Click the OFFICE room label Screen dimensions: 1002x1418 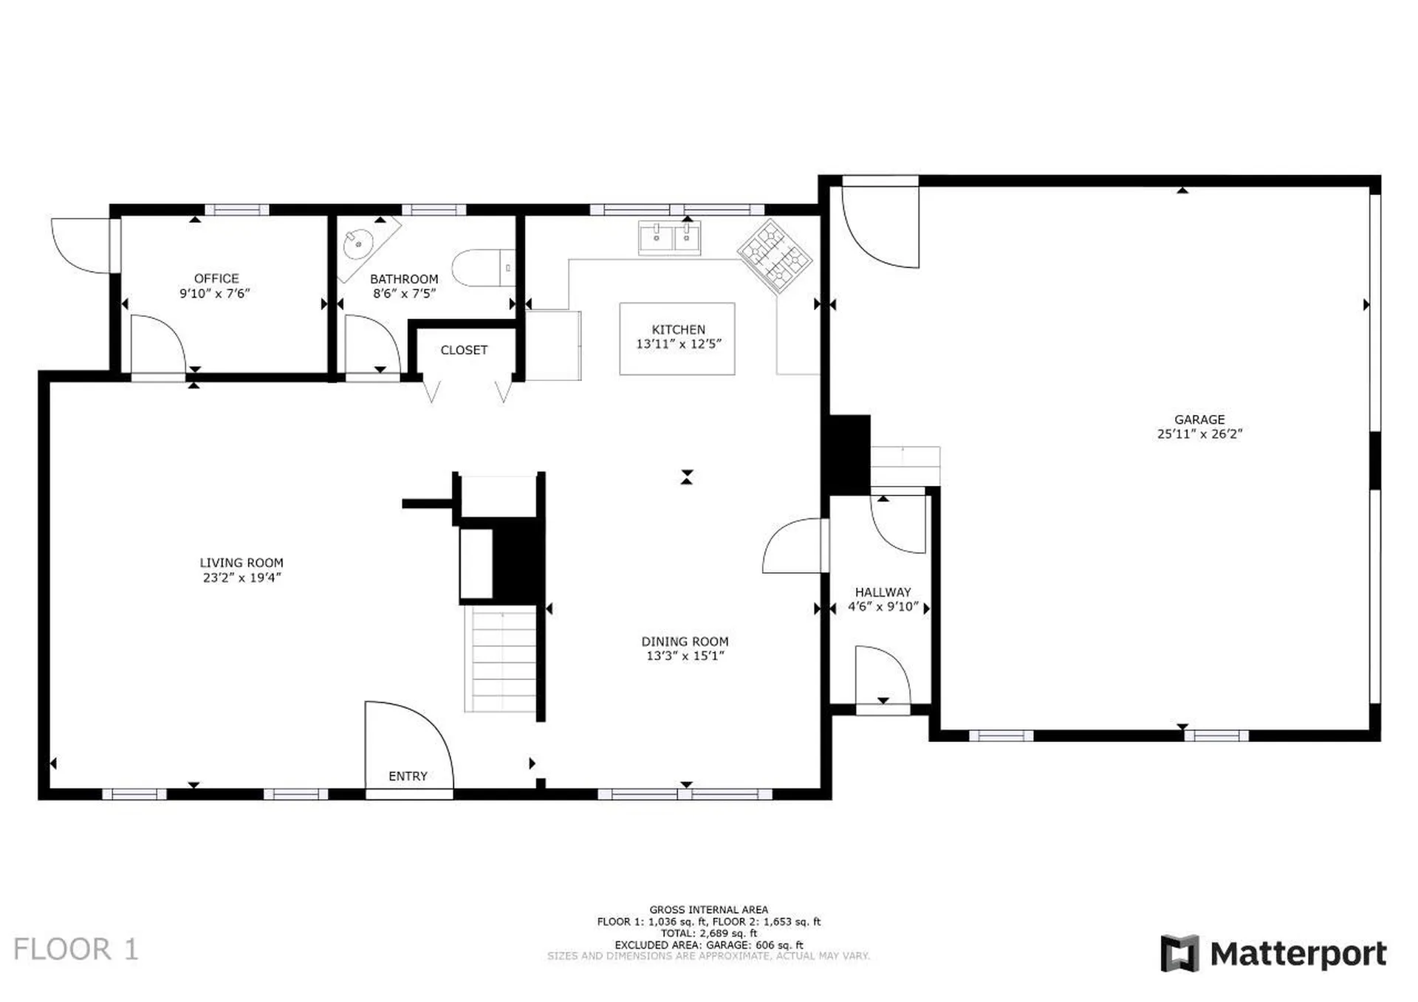coord(216,278)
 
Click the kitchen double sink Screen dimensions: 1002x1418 coord(669,238)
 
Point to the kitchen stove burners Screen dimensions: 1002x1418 coord(774,256)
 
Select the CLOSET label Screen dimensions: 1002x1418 coord(464,350)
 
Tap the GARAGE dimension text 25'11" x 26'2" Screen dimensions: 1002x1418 coord(1199,434)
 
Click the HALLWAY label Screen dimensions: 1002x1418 coord(883,592)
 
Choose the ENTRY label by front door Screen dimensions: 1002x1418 coord(408,776)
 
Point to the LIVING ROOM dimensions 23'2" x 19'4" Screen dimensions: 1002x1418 coord(242,577)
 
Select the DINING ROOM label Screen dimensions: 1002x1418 coord(685,642)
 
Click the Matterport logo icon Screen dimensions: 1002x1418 coord(1179,953)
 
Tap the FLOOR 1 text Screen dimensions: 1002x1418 coord(76,950)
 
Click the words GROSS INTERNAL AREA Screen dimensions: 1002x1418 coord(708,910)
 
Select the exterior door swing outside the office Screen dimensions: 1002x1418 coord(80,245)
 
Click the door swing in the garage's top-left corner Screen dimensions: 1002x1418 coord(879,226)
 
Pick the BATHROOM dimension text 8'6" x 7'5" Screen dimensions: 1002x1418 coord(404,293)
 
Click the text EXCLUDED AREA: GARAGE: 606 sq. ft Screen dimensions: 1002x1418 coord(708,944)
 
